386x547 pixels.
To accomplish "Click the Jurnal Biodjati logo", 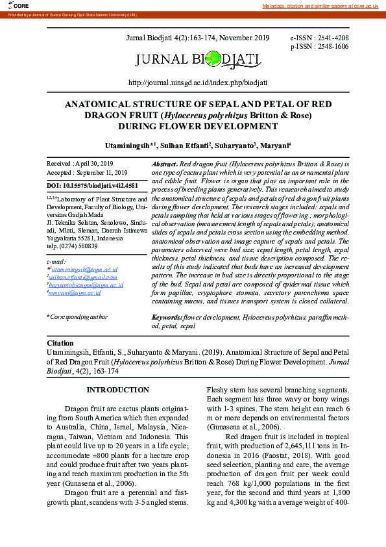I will pyautogui.click(x=198, y=60).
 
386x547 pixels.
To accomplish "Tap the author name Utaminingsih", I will pyautogui.click(x=127, y=144).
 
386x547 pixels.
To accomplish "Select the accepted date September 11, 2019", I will pyautogui.click(x=97, y=173).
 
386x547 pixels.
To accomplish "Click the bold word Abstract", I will pyautogui.click(x=164, y=164).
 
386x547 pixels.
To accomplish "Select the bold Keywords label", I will pyautogui.click(x=167, y=317).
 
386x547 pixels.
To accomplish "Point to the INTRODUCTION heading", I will pyautogui.click(x=118, y=390).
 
